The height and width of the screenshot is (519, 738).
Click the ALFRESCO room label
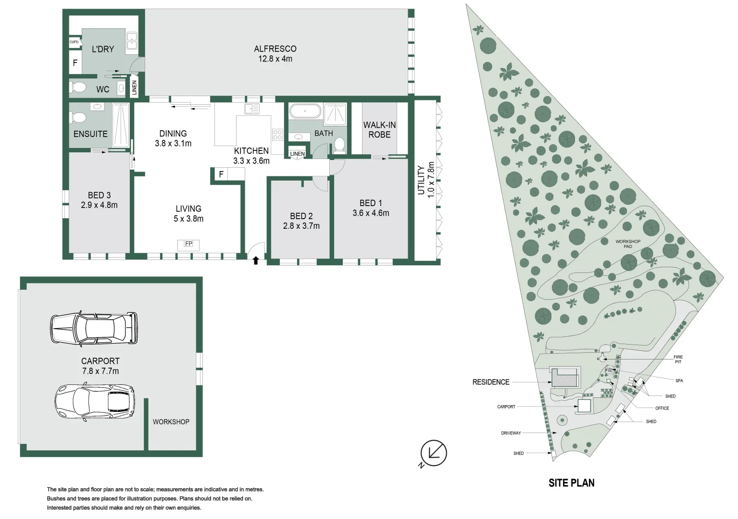[275, 49]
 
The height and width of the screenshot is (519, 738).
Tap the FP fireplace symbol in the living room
[188, 245]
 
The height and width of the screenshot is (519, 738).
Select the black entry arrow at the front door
[256, 260]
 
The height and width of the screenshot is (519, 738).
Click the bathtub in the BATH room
[305, 111]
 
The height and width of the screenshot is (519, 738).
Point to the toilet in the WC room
[78, 87]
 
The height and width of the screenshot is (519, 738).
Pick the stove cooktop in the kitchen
[277, 135]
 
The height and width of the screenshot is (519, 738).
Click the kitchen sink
[252, 109]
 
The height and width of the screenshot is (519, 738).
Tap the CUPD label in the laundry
[74, 42]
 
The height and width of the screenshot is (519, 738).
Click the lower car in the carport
[95, 402]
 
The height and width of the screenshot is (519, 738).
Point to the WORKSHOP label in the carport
[171, 422]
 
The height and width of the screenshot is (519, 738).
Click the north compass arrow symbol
[433, 454]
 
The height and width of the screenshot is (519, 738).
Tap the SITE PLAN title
[572, 483]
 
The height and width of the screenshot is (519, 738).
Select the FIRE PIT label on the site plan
[678, 359]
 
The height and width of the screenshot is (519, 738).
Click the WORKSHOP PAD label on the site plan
[628, 244]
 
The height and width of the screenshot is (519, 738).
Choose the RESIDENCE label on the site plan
[491, 382]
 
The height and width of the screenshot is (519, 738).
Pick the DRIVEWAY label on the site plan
[511, 433]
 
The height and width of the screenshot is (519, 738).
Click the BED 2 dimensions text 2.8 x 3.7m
[301, 226]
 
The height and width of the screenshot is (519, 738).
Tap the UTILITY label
[421, 180]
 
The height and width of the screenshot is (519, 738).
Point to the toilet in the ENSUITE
[78, 117]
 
